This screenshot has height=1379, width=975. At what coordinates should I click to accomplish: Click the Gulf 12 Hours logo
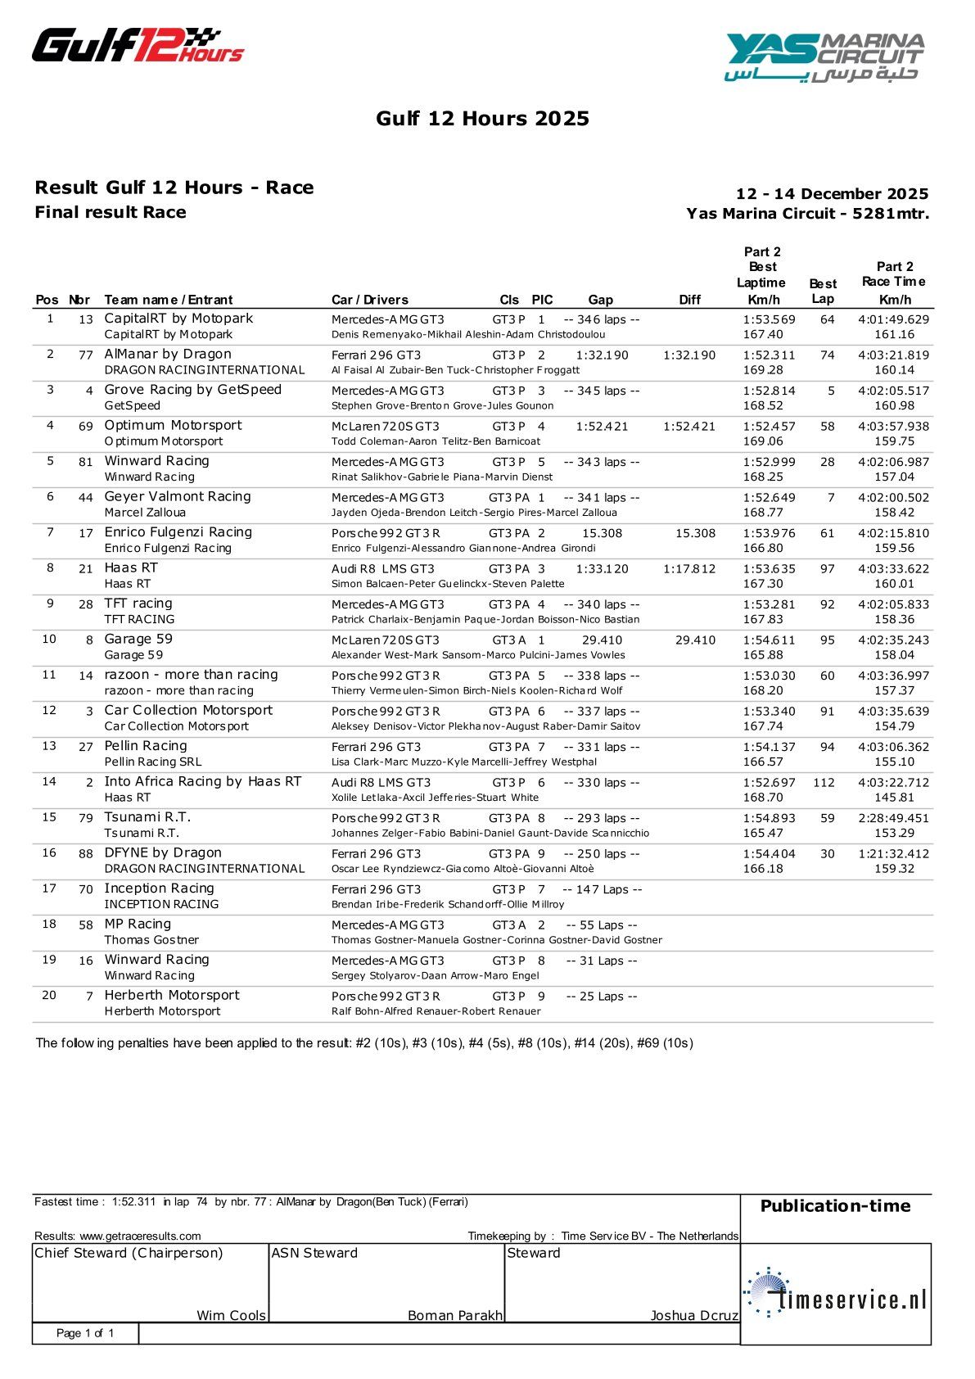point(138,46)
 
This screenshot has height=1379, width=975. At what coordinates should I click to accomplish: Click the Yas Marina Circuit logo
point(824,57)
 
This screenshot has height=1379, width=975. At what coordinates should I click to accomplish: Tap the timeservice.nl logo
point(836,1293)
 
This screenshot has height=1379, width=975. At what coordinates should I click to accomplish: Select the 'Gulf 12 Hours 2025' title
point(482,119)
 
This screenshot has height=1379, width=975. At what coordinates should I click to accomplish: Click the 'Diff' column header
point(689,300)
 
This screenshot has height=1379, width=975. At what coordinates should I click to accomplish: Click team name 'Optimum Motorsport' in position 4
point(173,425)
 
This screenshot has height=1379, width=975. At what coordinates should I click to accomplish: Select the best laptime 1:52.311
point(769,355)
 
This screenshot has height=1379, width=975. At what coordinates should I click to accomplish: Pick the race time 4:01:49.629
point(893,320)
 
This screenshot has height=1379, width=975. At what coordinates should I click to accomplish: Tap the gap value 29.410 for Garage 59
point(602,640)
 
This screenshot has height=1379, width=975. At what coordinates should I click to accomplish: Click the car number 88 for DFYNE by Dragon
point(86,854)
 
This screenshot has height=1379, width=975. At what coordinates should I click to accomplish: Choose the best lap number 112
point(824,783)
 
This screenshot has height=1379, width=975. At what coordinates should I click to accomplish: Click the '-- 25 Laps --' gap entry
point(601,997)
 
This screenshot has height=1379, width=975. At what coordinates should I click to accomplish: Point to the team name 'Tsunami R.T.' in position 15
point(147,817)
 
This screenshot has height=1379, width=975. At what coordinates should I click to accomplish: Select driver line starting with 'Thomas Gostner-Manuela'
point(496,940)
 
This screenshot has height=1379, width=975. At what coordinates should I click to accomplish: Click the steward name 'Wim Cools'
point(231,1315)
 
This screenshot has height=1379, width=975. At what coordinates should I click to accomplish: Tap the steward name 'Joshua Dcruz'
point(693,1315)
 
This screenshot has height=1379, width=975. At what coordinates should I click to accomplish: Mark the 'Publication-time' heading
point(835,1206)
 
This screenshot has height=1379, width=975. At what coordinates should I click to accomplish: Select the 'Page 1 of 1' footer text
point(85,1333)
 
